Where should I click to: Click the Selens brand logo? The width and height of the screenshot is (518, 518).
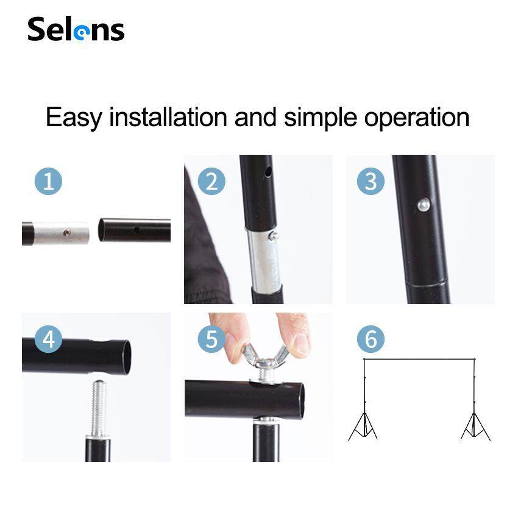(x=76, y=29)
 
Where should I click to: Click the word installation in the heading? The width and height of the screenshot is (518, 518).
(x=168, y=117)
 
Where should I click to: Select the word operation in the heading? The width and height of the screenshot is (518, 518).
(x=417, y=118)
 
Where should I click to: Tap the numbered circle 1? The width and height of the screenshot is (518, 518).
(x=48, y=181)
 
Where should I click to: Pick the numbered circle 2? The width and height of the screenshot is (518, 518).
(x=211, y=181)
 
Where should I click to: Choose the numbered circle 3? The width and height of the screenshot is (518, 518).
(x=371, y=181)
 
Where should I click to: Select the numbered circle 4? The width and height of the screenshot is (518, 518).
(x=48, y=339)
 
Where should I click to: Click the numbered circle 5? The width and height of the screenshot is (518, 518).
(x=211, y=339)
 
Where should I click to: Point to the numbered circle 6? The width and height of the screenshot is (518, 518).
(x=371, y=339)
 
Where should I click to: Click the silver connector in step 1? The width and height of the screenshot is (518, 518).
(x=62, y=233)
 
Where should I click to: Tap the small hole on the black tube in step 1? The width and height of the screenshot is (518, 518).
(x=136, y=229)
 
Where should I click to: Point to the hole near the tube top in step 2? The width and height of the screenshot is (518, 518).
(x=268, y=171)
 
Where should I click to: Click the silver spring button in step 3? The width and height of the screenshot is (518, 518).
(x=424, y=205)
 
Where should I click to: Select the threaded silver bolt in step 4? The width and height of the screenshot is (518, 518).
(x=98, y=408)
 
